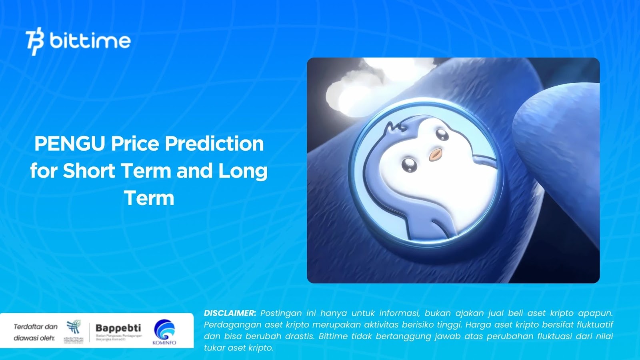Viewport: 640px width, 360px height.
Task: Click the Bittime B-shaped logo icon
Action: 35,41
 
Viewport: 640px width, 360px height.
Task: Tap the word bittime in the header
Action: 90,40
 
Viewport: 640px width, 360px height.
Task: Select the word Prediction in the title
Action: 214,144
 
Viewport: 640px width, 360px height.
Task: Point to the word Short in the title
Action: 89,171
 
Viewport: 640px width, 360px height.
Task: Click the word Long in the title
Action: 243,171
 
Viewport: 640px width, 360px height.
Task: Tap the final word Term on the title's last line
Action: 149,198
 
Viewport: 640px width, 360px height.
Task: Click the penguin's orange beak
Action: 436,154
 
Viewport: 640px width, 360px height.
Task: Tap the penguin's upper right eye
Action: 442,134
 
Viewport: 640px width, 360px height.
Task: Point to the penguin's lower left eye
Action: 409,164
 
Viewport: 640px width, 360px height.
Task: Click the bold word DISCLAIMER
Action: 230,313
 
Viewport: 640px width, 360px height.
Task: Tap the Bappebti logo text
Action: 118,328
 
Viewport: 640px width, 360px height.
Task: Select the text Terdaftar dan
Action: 36,326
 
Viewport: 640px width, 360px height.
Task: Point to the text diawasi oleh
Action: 34,338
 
